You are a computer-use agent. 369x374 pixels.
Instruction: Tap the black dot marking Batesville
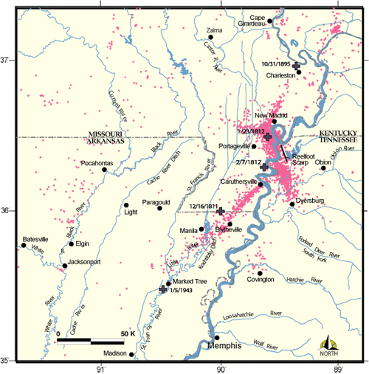pyautogui.click(x=24, y=245)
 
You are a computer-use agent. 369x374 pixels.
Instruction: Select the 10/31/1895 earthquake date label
pyautogui.click(x=277, y=63)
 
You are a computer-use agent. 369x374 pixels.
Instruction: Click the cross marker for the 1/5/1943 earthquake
pyautogui.click(x=163, y=289)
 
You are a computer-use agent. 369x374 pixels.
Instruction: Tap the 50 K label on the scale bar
pyautogui.click(x=127, y=333)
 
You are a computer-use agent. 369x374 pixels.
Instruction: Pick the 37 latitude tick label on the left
pyautogui.click(x=7, y=60)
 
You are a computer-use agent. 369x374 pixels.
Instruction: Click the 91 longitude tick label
pyautogui.click(x=101, y=369)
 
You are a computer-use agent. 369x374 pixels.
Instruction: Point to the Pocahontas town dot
pyautogui.click(x=105, y=170)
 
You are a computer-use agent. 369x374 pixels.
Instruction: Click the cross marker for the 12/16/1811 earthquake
pyautogui.click(x=221, y=211)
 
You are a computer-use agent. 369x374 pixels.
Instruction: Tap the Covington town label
pyautogui.click(x=261, y=280)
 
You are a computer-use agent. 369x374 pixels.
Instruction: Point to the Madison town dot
pyautogui.click(x=131, y=354)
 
